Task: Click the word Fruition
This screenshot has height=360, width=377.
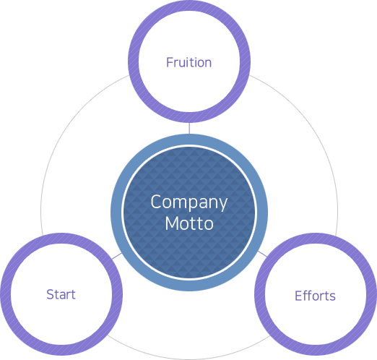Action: click(189, 62)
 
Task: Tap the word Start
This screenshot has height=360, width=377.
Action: click(61, 294)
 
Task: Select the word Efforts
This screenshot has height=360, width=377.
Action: click(315, 296)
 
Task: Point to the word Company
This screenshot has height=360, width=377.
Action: click(189, 202)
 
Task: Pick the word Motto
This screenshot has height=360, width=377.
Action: click(189, 223)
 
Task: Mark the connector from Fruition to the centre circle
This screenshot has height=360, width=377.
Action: click(189, 129)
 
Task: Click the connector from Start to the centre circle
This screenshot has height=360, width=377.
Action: click(117, 256)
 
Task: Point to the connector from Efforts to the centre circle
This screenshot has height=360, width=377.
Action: click(262, 254)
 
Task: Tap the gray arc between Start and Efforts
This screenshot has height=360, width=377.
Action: click(189, 359)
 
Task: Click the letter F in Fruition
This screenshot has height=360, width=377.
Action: click(170, 62)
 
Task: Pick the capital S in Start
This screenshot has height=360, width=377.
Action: click(51, 294)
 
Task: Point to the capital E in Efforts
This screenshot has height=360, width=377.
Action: click(298, 296)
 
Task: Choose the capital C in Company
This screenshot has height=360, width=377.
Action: click(156, 201)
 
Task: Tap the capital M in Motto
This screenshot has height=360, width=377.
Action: click(173, 223)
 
